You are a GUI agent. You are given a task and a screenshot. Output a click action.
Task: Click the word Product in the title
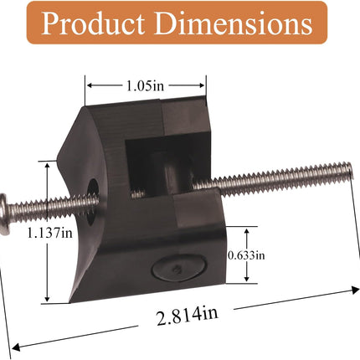[93, 23]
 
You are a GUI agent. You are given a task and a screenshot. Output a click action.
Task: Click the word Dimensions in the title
[234, 23]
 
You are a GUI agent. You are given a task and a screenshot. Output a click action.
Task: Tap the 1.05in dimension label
[146, 85]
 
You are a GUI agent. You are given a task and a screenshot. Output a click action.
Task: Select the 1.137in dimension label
[49, 233]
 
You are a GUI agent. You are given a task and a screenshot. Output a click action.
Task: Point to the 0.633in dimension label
[246, 255]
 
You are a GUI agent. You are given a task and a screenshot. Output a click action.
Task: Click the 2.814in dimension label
[187, 316]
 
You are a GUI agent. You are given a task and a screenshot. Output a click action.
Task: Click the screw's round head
[5, 214]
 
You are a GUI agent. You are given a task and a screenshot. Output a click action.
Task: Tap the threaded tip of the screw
[349, 170]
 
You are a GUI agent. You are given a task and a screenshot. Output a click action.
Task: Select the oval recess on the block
[179, 266]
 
